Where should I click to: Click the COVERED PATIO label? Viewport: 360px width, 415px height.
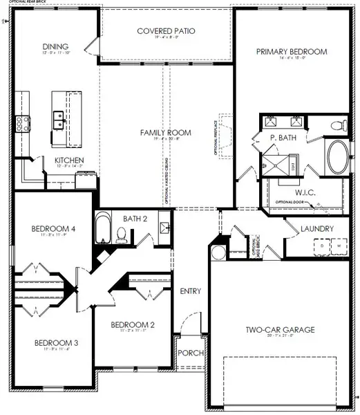pos(166,31)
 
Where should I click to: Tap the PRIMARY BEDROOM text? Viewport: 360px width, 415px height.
pos(292,51)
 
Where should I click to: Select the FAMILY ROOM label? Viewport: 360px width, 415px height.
pos(165,132)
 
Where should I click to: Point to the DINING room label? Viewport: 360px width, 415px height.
pos(55,46)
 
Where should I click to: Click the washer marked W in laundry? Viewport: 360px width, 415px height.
pos(339,246)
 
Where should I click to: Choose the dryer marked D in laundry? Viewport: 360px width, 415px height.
pos(321,246)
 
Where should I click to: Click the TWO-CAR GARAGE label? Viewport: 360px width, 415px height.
pos(279,330)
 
